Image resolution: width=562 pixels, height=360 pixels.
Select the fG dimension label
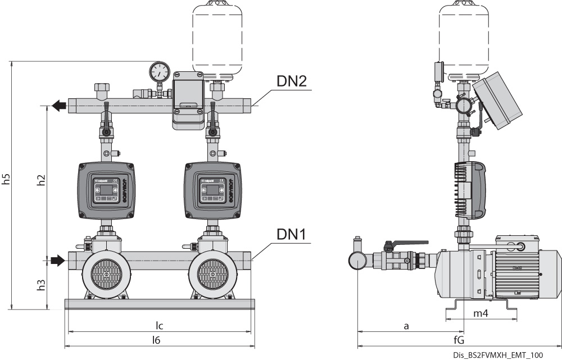coord(459,340)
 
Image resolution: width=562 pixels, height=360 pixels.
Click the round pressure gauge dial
coord(160,71)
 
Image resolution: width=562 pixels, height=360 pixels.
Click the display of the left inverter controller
coord(106,191)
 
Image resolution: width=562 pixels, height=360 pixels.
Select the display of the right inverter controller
coord(212,191)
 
